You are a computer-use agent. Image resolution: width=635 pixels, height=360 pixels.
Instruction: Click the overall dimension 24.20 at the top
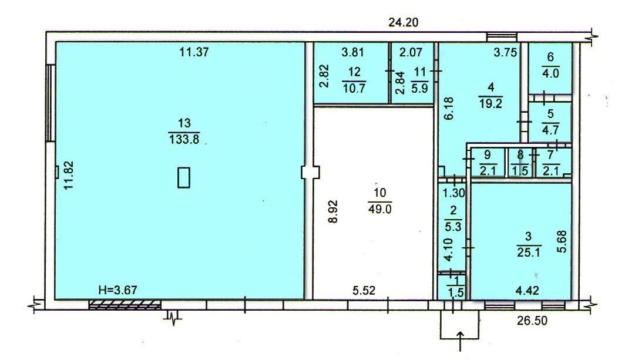[403, 22]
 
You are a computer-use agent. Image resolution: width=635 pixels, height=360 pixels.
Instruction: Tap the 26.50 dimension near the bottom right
[532, 321]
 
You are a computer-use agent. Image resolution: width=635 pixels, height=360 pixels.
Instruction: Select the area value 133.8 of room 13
[184, 140]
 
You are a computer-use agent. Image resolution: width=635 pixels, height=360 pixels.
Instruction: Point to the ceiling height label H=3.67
[118, 290]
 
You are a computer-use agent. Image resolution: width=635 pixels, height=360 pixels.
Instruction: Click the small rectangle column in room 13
[184, 177]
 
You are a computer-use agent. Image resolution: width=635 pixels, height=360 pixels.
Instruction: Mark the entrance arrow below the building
[461, 341]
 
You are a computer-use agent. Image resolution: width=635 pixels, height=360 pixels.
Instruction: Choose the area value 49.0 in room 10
[380, 209]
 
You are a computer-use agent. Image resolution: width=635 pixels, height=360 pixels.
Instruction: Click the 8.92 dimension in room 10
[332, 211]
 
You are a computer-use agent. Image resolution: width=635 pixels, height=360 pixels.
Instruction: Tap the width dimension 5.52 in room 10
[364, 290]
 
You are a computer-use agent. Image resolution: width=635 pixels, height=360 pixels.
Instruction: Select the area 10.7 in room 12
[354, 88]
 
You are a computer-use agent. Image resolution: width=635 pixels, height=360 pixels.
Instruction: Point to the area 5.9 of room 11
[419, 88]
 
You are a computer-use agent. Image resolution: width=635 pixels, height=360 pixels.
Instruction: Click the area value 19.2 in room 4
[491, 104]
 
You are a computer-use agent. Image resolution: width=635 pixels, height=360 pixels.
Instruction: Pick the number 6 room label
[550, 57]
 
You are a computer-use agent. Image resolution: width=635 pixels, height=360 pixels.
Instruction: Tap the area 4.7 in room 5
[550, 130]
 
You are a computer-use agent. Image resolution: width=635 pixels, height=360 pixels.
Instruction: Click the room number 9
[488, 154]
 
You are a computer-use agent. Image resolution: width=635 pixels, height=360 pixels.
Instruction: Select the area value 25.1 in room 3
[529, 253]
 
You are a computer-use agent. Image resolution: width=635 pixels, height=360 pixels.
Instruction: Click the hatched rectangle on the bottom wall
[125, 305]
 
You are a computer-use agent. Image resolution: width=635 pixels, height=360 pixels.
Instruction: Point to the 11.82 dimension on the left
[69, 176]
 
